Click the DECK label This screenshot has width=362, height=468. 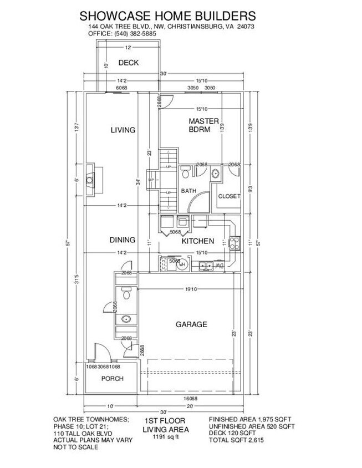click(128, 63)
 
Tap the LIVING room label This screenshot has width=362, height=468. click(123, 130)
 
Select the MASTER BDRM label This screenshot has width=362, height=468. click(203, 125)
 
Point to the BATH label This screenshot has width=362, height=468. click(188, 191)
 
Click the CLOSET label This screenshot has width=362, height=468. click(228, 196)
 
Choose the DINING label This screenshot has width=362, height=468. click(123, 240)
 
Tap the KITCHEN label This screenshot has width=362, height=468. click(198, 241)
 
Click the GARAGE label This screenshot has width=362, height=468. click(191, 324)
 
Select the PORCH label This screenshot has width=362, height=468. click(112, 379)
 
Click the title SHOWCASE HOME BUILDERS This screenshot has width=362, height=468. click(167, 16)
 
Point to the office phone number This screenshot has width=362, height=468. click(137, 34)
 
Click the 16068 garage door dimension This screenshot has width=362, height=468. click(191, 398)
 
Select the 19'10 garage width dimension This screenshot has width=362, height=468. click(191, 289)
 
